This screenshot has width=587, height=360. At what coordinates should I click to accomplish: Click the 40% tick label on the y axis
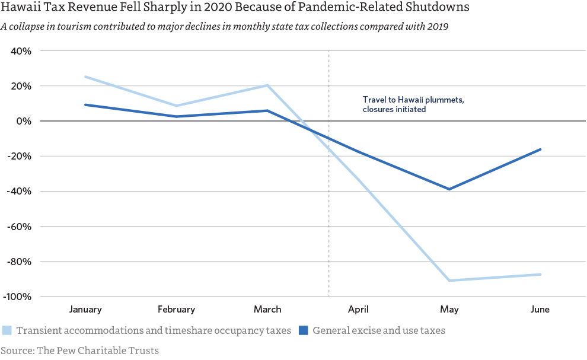tap(22, 51)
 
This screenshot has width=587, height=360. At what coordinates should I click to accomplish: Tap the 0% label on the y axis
tap(25, 121)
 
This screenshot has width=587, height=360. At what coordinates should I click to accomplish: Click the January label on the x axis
tap(85, 310)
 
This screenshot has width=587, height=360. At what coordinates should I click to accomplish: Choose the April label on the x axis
tap(358, 310)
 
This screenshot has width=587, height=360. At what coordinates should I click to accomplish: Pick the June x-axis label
tap(540, 310)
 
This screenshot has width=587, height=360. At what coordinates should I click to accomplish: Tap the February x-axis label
tap(176, 310)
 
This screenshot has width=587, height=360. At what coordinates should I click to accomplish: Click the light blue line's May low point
tap(449, 281)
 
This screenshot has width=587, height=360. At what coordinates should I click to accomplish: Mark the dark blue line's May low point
tap(449, 189)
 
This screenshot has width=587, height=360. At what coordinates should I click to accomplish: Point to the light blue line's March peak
tap(267, 85)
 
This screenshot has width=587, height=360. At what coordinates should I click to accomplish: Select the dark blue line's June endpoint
tap(540, 149)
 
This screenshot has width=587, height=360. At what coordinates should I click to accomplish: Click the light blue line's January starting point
tap(85, 77)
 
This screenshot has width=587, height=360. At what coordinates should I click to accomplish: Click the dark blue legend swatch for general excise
tap(303, 330)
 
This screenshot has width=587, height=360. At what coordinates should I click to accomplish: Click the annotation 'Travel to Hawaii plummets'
tap(413, 100)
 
